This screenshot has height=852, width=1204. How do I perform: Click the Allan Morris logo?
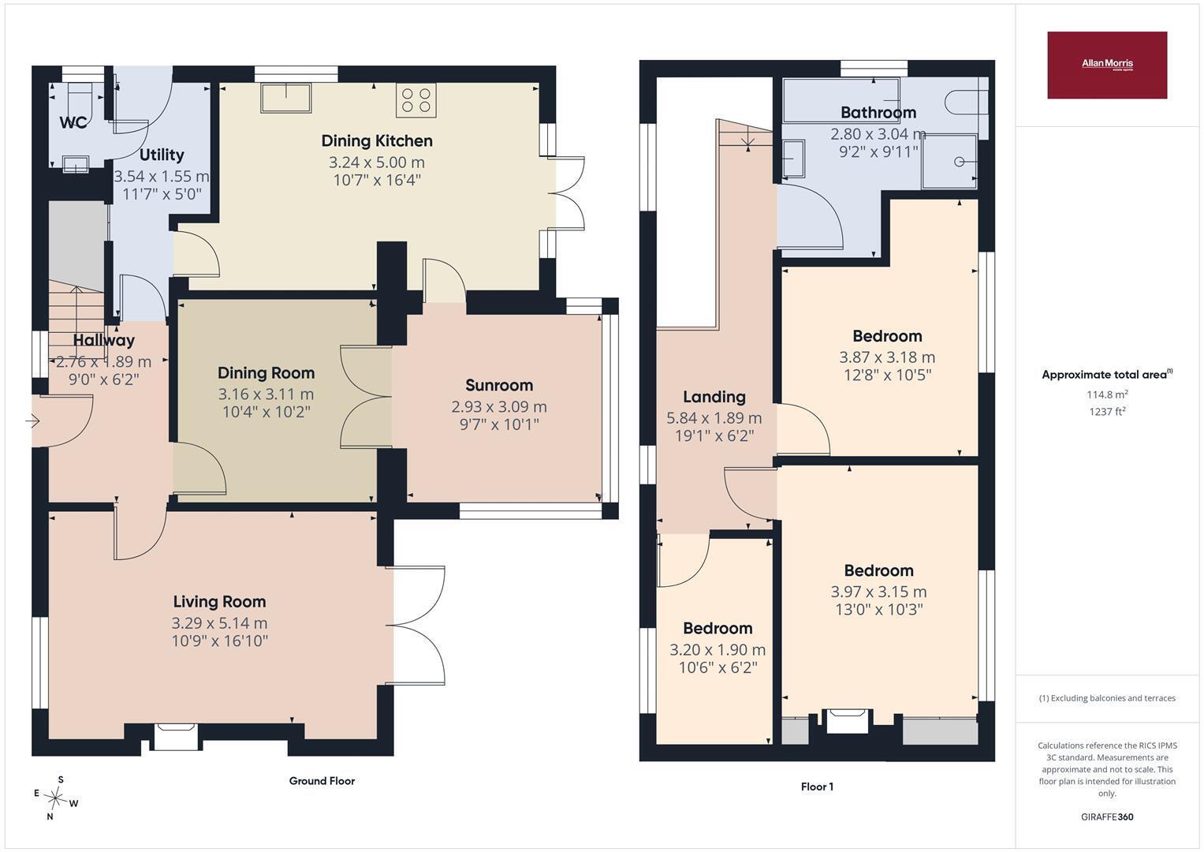click(1107, 65)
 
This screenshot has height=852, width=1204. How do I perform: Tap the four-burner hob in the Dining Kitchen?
click(416, 100)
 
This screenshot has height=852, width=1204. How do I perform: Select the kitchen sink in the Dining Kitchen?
click(286, 98)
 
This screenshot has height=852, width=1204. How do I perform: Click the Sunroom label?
click(499, 385)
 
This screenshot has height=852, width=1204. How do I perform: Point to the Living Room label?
click(219, 601)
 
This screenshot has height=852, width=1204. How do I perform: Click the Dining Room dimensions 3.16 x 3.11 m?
click(266, 394)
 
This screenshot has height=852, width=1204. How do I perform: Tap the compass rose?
click(55, 797)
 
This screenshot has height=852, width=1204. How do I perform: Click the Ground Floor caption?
click(322, 780)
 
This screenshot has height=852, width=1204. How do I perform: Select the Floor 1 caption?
click(817, 787)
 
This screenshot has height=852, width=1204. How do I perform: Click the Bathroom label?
click(878, 112)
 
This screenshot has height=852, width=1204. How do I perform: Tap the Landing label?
click(714, 397)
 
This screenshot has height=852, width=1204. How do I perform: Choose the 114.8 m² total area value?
click(1107, 394)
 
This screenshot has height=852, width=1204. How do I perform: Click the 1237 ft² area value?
click(1107, 412)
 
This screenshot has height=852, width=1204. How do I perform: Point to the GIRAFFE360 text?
click(1107, 816)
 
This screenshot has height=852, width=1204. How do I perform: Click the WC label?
click(73, 122)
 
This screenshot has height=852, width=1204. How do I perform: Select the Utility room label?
click(162, 155)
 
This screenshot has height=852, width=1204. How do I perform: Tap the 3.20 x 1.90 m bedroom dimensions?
click(718, 650)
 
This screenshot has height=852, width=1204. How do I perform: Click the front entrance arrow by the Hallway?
click(32, 420)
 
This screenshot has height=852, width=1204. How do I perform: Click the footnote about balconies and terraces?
click(1107, 698)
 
